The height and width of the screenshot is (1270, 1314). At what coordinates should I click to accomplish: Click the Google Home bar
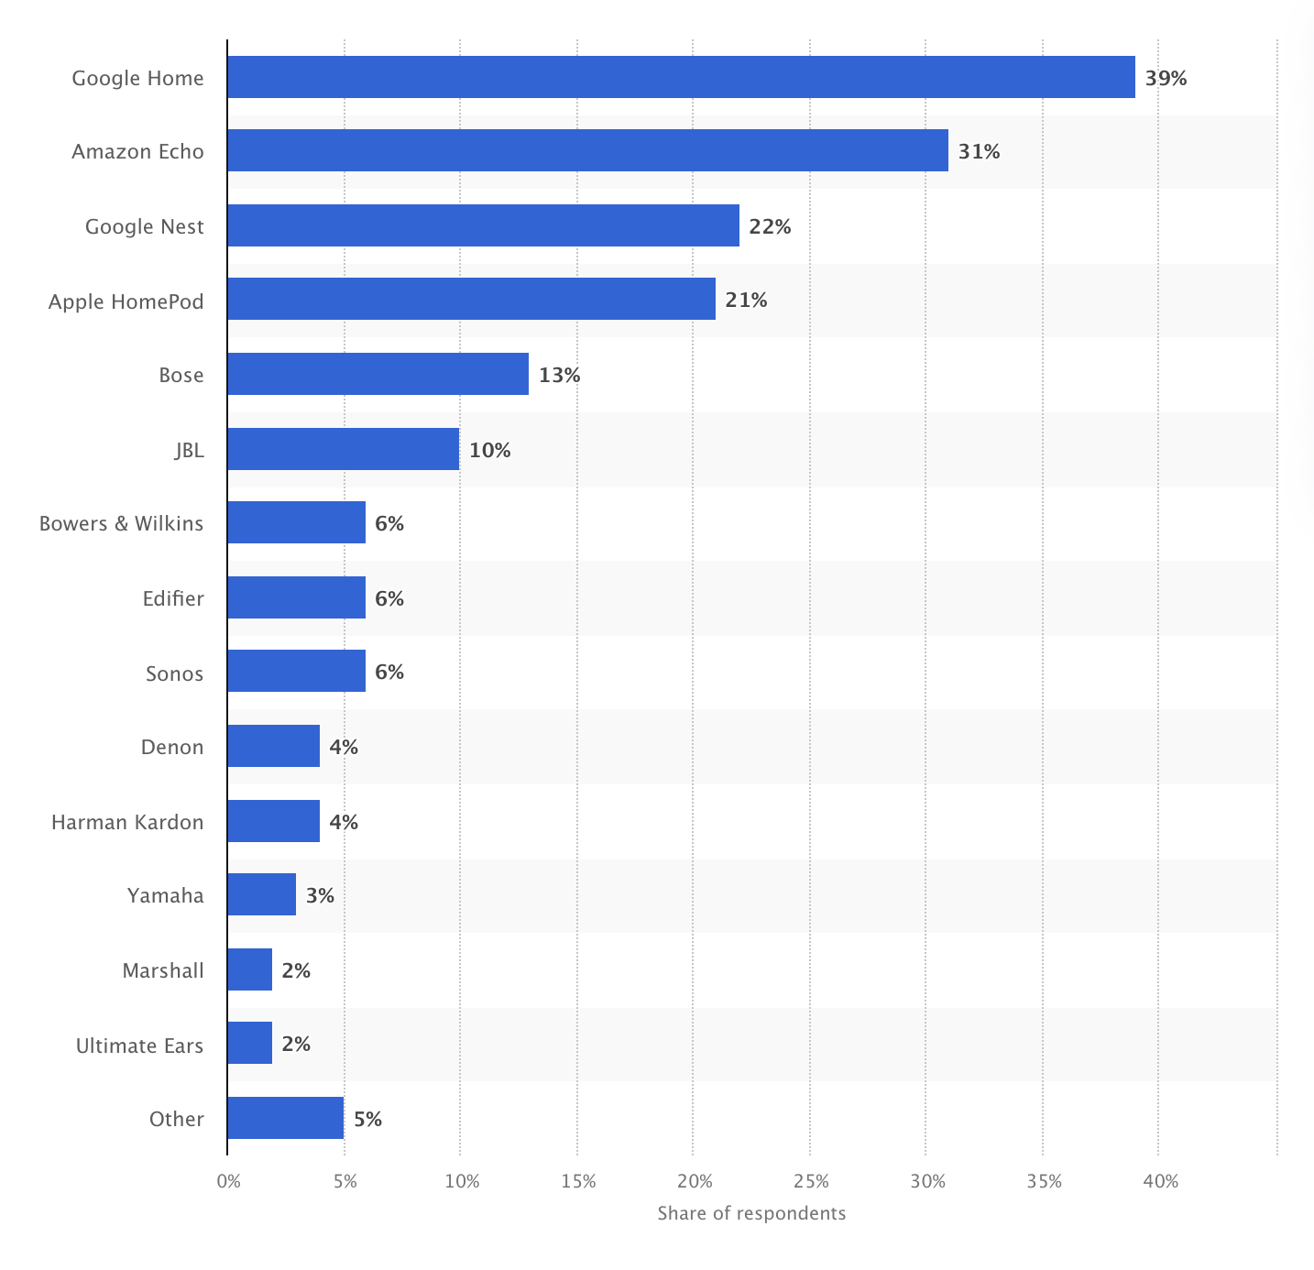coord(681,77)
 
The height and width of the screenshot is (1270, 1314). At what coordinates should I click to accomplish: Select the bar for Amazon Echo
coord(587,150)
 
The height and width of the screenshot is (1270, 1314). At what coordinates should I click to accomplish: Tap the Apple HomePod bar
coord(471,299)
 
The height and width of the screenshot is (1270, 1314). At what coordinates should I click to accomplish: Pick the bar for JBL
coord(343,449)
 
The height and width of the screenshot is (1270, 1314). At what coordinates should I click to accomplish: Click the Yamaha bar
coord(261,894)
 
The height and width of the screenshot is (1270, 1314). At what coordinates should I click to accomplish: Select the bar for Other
coord(285,1118)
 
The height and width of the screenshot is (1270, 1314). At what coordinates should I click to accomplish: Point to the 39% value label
coord(1166,79)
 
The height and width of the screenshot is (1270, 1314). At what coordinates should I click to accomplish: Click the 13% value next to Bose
coord(559,376)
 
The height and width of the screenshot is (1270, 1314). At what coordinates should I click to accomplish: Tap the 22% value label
coord(770,227)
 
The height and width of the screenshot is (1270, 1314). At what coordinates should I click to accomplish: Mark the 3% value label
coord(320,895)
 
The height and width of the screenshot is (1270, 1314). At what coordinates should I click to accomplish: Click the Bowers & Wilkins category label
coord(121,524)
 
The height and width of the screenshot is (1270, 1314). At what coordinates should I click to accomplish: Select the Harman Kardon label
coord(127,822)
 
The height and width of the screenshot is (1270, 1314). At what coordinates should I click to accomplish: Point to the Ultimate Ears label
coord(139,1046)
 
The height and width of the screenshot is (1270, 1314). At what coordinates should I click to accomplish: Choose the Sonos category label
coord(174,673)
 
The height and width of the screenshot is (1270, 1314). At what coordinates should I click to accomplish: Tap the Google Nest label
coord(144,226)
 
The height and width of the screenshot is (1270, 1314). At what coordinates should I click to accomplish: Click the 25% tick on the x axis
coord(810,1182)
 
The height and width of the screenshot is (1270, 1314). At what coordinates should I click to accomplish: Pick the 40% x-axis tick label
coord(1160,1182)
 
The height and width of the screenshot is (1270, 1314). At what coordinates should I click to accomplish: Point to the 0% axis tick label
coord(228,1182)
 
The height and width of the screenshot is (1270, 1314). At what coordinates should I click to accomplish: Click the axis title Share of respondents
coord(751,1214)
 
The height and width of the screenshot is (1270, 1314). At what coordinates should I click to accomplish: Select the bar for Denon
coord(273,746)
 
